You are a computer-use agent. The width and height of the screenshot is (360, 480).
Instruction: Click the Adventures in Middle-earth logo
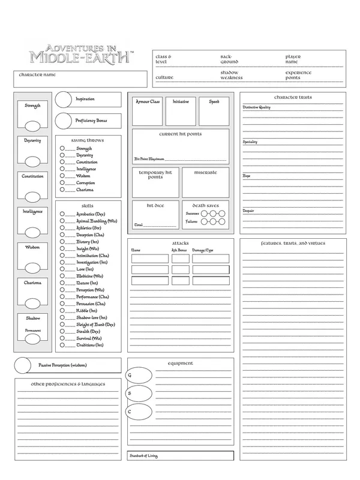tap(80, 52)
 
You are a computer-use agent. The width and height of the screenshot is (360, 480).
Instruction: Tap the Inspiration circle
tap(64, 100)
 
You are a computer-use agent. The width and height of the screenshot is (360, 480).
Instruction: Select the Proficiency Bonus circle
tap(64, 121)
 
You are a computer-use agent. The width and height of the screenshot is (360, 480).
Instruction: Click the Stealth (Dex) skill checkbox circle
tap(62, 331)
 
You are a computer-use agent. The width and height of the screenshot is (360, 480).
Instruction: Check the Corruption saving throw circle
tap(62, 183)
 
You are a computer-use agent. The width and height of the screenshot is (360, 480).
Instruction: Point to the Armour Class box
tap(148, 110)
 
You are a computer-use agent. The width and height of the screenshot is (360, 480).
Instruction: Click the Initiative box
tap(181, 110)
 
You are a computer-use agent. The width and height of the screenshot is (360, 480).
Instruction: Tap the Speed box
tap(214, 110)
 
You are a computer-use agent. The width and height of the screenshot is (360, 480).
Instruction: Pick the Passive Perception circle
tap(23, 365)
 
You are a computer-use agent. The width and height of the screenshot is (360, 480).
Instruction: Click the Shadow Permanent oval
tap(32, 339)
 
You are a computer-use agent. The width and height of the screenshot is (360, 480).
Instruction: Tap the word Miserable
tap(205, 173)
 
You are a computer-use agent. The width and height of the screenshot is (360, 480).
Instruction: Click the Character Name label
tap(37, 75)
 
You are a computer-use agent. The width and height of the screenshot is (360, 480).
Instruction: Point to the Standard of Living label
tap(144, 456)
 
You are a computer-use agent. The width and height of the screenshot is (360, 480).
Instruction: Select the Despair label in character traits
tap(248, 211)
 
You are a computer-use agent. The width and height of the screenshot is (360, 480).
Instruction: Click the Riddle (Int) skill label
tap(87, 311)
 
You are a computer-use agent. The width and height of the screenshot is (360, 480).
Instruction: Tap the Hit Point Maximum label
tap(149, 159)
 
